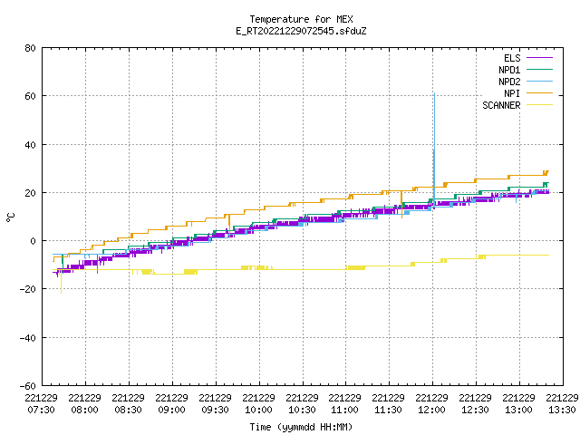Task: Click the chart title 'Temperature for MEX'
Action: [x=301, y=19]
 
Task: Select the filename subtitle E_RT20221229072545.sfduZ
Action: [x=301, y=31]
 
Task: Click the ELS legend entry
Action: [x=528, y=58]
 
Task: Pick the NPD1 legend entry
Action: [x=526, y=70]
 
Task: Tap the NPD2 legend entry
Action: [x=526, y=82]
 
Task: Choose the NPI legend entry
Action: [x=528, y=93]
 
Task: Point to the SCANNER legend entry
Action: [x=517, y=105]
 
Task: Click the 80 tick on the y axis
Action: [x=30, y=48]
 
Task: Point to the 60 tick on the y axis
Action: [x=30, y=96]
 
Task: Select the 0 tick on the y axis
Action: [x=33, y=241]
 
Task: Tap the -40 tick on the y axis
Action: [x=28, y=338]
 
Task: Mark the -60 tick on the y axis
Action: [x=28, y=386]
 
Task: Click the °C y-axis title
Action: [x=10, y=217]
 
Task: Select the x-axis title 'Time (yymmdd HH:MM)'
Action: [x=301, y=427]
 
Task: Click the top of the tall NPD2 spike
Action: [x=434, y=93]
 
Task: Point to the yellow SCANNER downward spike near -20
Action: [x=61, y=293]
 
